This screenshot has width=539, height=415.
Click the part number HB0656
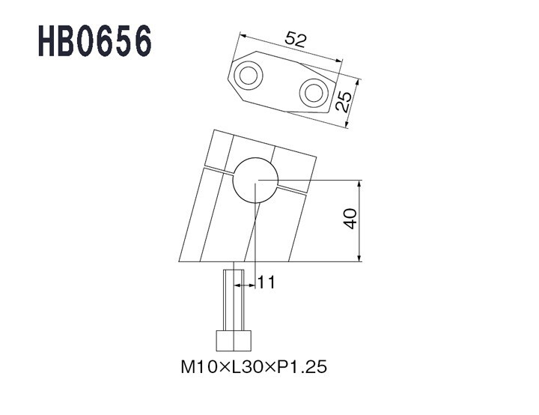point(94,40)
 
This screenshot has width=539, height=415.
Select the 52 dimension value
point(295,39)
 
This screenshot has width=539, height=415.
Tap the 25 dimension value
point(344,102)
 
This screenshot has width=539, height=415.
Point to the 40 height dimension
point(350,219)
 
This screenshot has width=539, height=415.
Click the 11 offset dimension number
point(267,283)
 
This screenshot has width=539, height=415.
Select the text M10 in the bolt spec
point(199,367)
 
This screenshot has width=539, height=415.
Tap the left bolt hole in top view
point(249,76)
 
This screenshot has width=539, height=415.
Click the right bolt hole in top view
point(314,93)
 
